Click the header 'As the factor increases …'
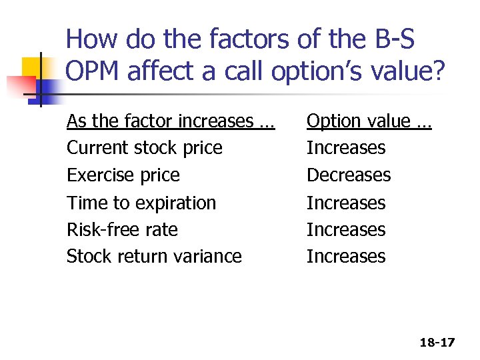coord(170,121)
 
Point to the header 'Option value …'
coord(369,121)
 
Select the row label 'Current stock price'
coord(145,148)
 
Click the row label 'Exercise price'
coord(123,175)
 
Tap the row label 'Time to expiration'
coord(141,203)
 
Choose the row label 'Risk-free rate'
coord(122,230)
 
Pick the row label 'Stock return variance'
coord(154,257)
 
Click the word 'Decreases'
coord(349,175)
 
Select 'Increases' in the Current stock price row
coord(346,148)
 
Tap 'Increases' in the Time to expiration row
coord(346,203)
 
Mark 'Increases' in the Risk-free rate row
coord(346,230)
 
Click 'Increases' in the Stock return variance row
coord(346,257)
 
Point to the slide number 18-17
coord(437,343)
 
